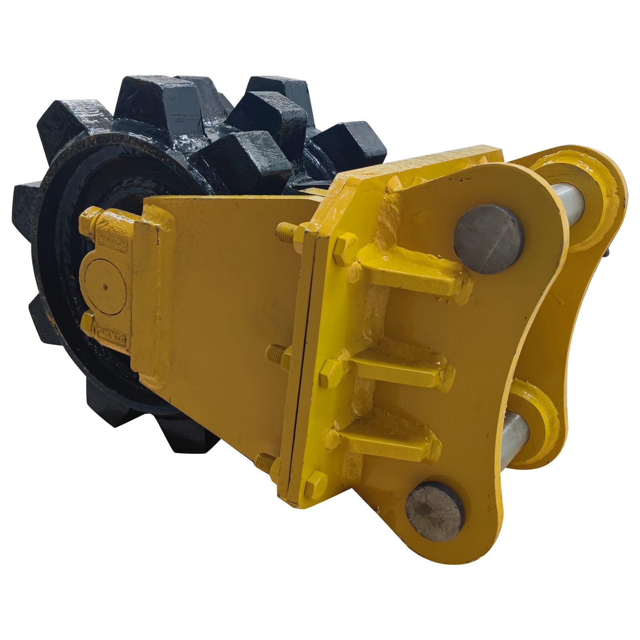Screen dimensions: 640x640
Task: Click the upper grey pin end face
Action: coord(489,239)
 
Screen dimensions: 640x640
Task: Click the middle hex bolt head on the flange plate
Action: coord(331,372)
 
